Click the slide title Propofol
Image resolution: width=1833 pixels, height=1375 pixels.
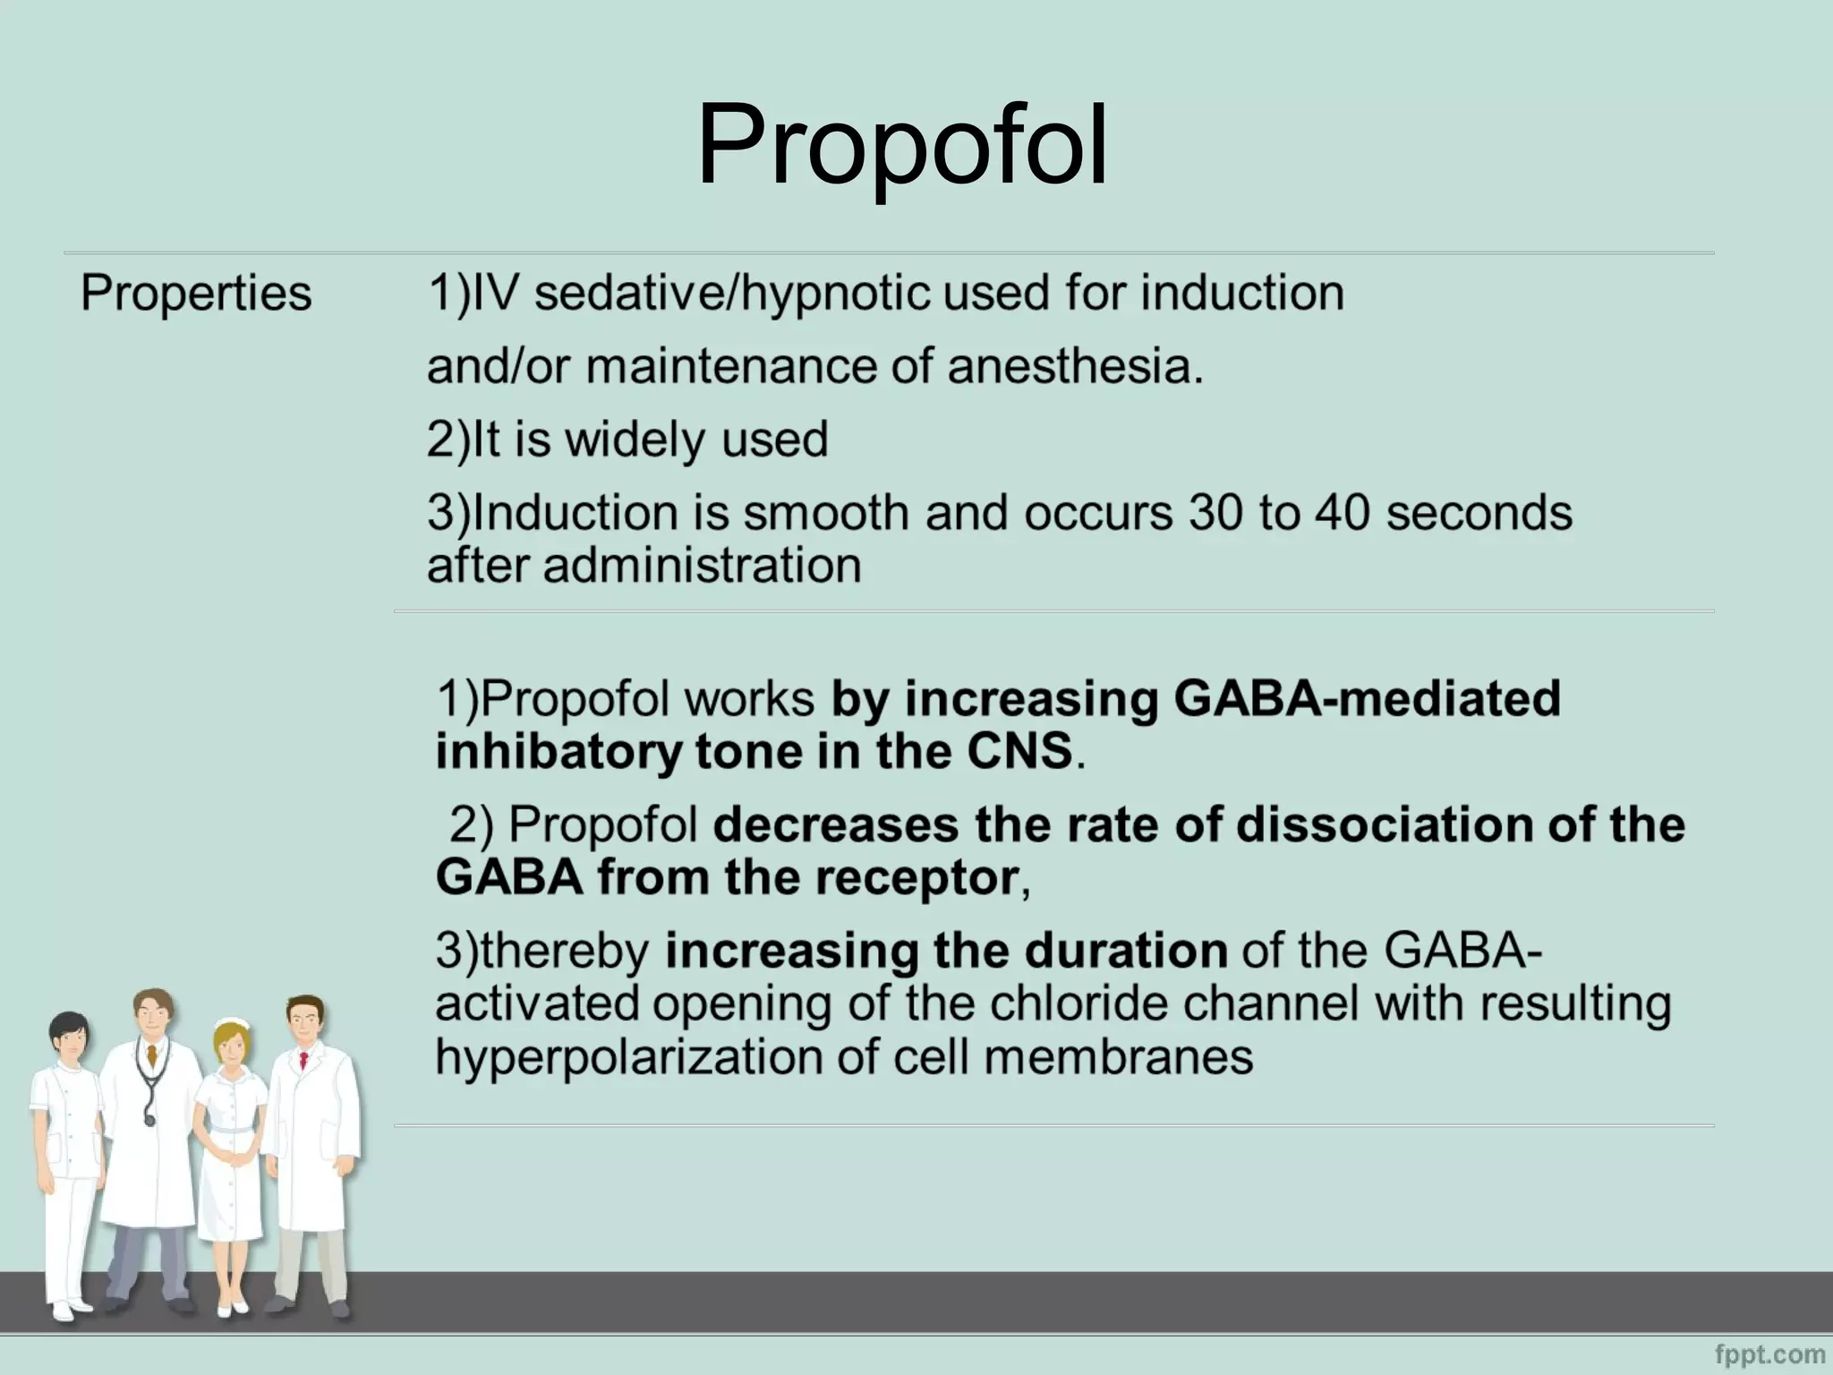(x=902, y=146)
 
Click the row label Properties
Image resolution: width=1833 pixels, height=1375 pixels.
(x=196, y=293)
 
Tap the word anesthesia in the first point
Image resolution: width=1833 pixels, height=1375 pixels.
(x=1073, y=366)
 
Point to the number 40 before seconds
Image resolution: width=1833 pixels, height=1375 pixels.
(x=1342, y=512)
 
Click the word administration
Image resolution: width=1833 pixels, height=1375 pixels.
(x=702, y=566)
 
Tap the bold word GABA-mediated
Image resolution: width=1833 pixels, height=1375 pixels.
(x=1367, y=698)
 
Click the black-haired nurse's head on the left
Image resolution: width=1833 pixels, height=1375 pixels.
(x=68, y=1038)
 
